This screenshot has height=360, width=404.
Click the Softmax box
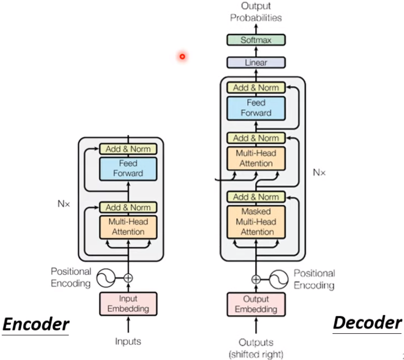[x=256, y=39]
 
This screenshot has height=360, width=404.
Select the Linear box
[x=256, y=63]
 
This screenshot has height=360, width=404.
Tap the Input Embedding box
[x=128, y=304]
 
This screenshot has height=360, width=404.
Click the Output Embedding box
[x=256, y=304]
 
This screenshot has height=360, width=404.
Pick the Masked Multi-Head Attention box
[x=256, y=222]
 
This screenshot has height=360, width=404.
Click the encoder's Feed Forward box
[x=128, y=168]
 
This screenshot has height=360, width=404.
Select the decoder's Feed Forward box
[x=256, y=108]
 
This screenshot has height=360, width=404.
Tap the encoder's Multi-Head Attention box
[x=128, y=227]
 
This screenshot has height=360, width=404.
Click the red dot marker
[x=182, y=56]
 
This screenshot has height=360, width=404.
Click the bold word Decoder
[x=367, y=323]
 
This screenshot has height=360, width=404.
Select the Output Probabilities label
[x=256, y=12]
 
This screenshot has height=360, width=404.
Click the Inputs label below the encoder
[x=128, y=341]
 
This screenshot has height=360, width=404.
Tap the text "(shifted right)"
[x=256, y=353]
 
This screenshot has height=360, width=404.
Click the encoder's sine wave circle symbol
[x=107, y=277]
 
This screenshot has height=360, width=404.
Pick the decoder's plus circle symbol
[x=256, y=279]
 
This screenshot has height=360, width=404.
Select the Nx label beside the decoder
[x=319, y=173]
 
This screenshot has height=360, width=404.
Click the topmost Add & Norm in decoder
[x=256, y=88]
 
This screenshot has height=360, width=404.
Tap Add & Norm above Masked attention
[x=256, y=197]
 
